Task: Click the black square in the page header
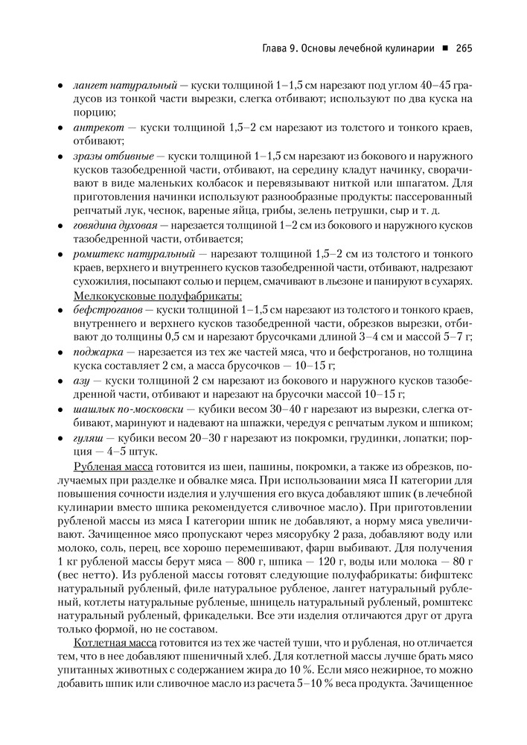pos(444,49)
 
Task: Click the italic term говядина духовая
pos(120,225)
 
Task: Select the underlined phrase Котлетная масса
pos(114,642)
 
